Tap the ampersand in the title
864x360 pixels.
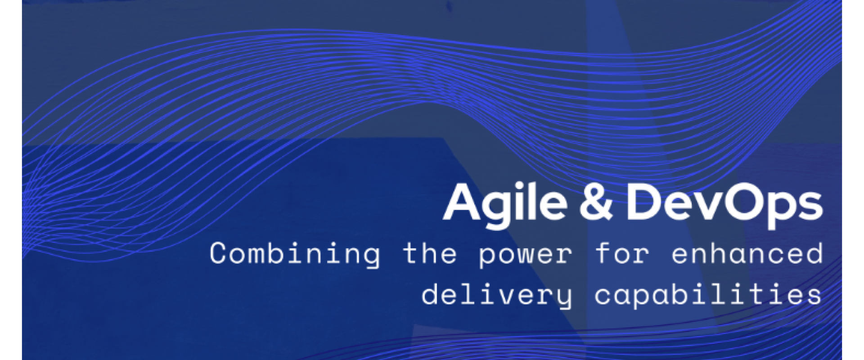click(596, 202)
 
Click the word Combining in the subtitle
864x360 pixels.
click(295, 255)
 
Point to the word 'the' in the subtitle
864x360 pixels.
click(430, 253)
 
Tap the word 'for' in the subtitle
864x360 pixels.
click(622, 253)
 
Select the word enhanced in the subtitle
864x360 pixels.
click(747, 253)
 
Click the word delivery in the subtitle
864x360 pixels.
click(497, 296)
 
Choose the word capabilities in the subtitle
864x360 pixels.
click(708, 295)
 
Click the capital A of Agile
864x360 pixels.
click(464, 202)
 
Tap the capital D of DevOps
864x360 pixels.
click(643, 202)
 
